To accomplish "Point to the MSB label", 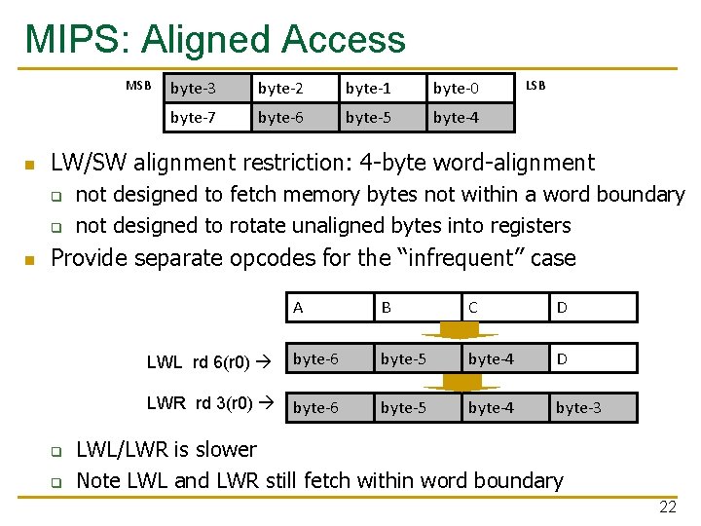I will click(139, 86).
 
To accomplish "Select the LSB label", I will click(535, 85).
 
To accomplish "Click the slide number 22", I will click(668, 507).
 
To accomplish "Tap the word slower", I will click(225, 449).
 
